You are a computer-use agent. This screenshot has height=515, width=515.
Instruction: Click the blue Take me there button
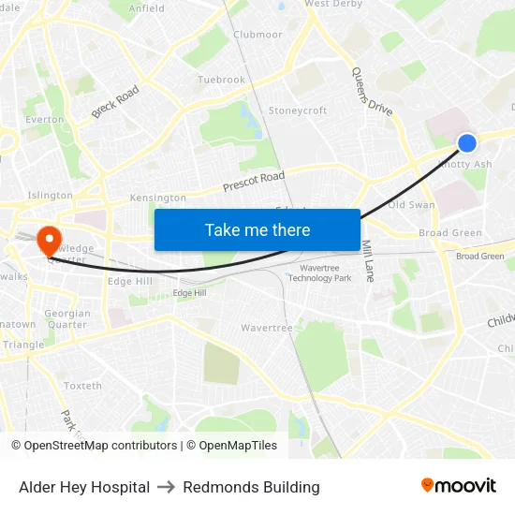[257, 229]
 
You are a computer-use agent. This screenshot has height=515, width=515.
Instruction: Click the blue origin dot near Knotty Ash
[467, 142]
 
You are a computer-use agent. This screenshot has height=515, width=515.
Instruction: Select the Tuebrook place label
[221, 81]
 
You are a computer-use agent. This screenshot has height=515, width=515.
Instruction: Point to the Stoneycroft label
[298, 110]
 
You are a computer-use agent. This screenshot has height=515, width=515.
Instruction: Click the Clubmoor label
[257, 35]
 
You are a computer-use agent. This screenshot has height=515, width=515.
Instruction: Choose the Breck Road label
[115, 102]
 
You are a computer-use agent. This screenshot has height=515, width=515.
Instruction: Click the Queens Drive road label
[372, 92]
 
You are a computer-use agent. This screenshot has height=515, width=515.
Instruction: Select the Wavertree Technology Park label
[319, 272]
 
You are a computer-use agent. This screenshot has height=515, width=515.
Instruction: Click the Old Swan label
[411, 204]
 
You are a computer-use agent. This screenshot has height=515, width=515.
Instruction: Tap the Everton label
[45, 120]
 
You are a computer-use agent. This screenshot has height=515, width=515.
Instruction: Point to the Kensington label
[158, 199]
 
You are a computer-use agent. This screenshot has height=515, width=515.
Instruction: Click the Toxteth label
[82, 386]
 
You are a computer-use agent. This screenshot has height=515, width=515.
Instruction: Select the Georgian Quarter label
[67, 319]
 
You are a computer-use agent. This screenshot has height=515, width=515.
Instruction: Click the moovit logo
[459, 485]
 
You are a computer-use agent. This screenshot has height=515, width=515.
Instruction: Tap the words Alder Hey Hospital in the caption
[84, 487]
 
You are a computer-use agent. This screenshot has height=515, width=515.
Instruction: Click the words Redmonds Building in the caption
[251, 487]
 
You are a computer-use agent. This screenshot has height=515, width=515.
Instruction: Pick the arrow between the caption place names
[167, 487]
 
